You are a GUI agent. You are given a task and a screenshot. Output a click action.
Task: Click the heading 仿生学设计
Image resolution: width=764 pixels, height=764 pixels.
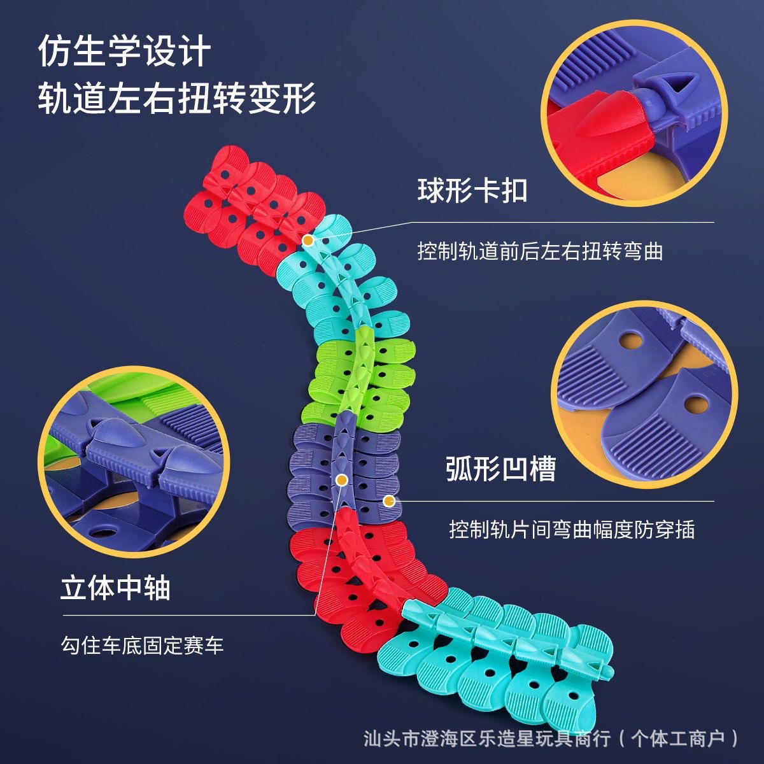pyautogui.click(x=124, y=51)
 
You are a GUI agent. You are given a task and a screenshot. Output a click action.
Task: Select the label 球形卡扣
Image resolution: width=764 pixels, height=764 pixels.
pyautogui.click(x=472, y=190)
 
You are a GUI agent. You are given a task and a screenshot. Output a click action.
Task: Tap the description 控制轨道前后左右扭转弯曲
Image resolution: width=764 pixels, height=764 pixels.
pyautogui.click(x=540, y=251)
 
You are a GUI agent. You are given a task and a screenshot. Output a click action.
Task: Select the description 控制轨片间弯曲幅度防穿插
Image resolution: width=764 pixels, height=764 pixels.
pyautogui.click(x=571, y=529)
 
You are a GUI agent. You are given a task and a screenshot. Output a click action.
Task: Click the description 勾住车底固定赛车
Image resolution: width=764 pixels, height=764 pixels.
pyautogui.click(x=142, y=646)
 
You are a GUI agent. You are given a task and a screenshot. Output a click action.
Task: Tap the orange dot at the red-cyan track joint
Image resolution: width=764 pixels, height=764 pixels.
pyautogui.click(x=308, y=241)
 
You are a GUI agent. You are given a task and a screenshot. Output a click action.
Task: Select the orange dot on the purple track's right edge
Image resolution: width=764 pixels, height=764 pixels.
pyautogui.click(x=389, y=501)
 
